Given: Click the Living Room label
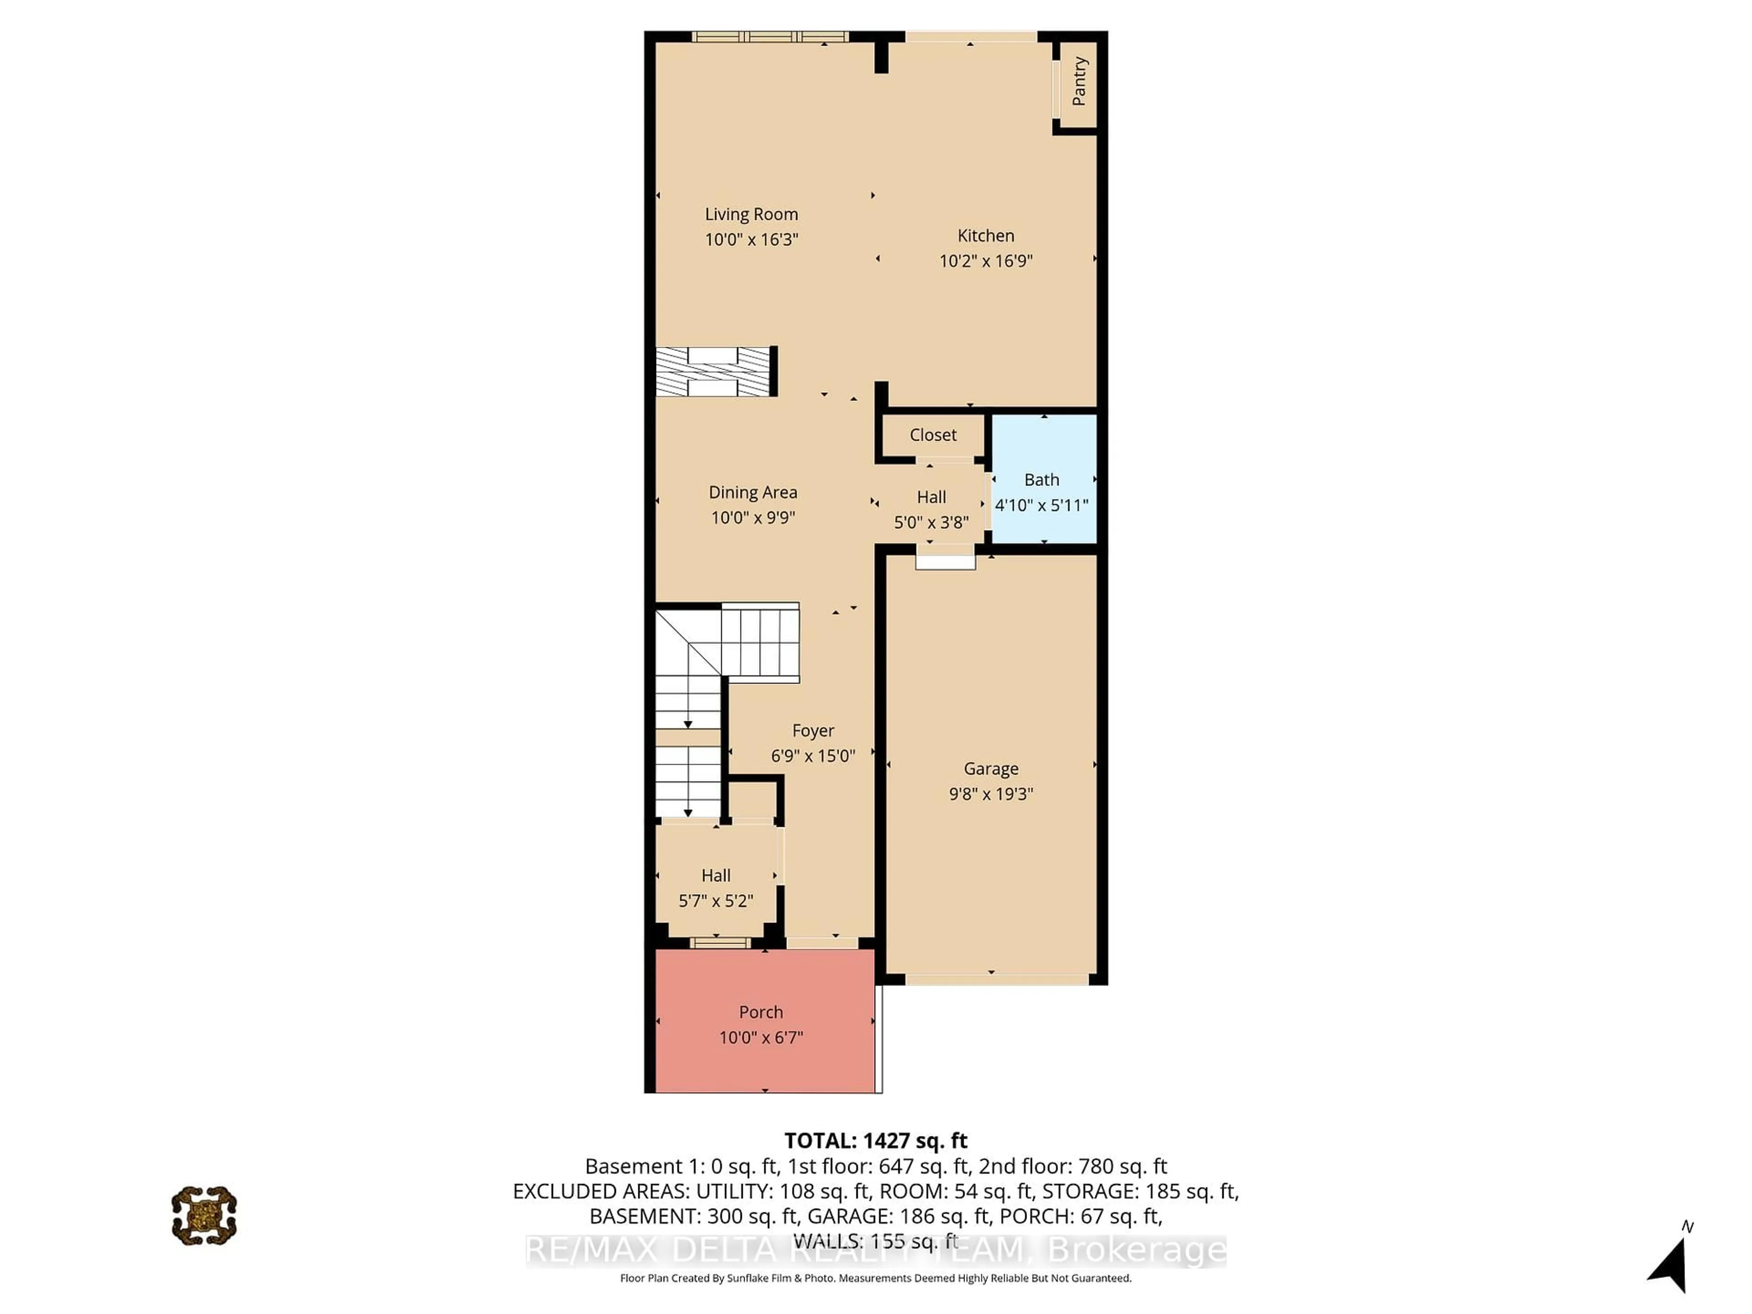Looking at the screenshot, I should pyautogui.click(x=751, y=214).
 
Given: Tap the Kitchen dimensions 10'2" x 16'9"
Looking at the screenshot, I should pyautogui.click(x=985, y=261).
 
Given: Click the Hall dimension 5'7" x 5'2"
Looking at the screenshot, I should pyautogui.click(x=715, y=901).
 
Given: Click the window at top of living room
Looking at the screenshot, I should pyautogui.click(x=769, y=36).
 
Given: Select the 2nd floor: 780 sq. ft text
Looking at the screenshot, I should pyautogui.click(x=1073, y=1166).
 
